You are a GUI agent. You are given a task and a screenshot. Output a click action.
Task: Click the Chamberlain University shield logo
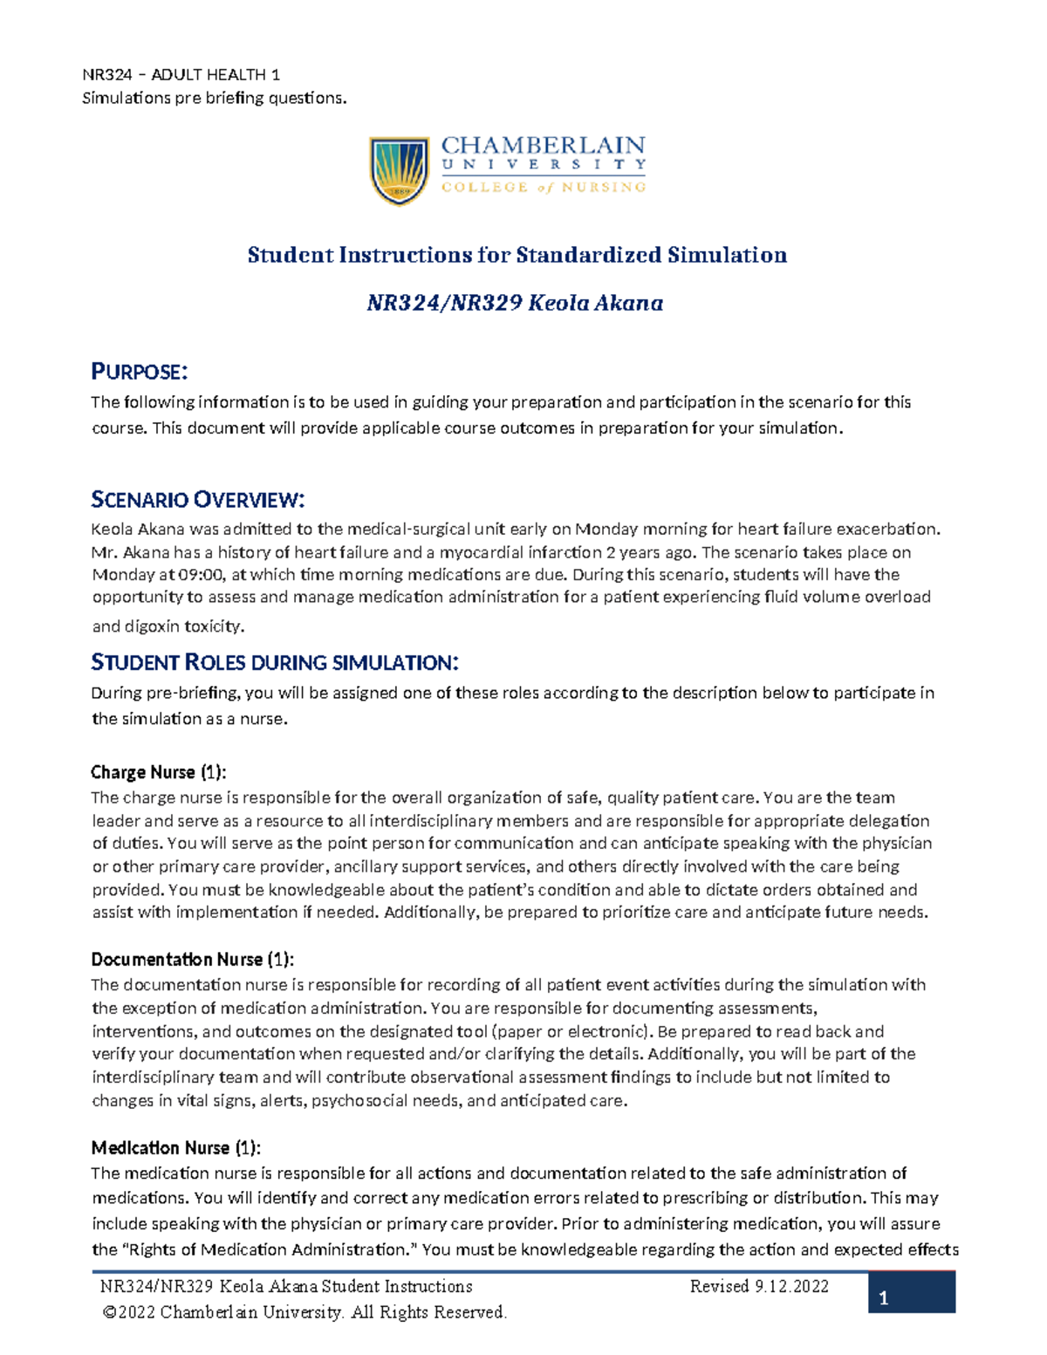pyautogui.click(x=400, y=170)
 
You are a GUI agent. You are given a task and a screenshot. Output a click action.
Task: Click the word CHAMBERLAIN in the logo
pyautogui.click(x=543, y=145)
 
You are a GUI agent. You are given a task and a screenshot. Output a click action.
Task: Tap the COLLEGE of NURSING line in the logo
pyautogui.click(x=543, y=187)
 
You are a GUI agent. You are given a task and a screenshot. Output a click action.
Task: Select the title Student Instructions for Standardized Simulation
pyautogui.click(x=517, y=255)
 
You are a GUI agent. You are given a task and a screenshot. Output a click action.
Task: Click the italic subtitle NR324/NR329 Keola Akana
pyautogui.click(x=515, y=303)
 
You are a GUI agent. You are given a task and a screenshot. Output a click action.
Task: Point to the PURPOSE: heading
pyautogui.click(x=140, y=373)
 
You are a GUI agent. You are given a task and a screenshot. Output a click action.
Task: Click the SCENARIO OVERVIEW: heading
pyautogui.click(x=198, y=500)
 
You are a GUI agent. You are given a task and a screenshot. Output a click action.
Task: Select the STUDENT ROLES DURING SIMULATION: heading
pyautogui.click(x=275, y=663)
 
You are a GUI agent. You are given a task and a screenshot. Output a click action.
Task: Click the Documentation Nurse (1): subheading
pyautogui.click(x=193, y=960)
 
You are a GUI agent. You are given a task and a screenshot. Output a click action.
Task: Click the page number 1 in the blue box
pyautogui.click(x=884, y=1298)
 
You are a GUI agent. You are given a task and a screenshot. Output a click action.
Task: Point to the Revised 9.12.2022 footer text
pyautogui.click(x=759, y=1286)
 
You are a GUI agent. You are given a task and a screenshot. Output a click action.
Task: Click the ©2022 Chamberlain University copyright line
pyautogui.click(x=305, y=1312)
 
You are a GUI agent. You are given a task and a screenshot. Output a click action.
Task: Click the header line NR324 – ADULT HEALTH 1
pyautogui.click(x=181, y=75)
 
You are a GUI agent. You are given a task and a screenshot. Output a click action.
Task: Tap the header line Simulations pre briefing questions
pyautogui.click(x=214, y=98)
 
